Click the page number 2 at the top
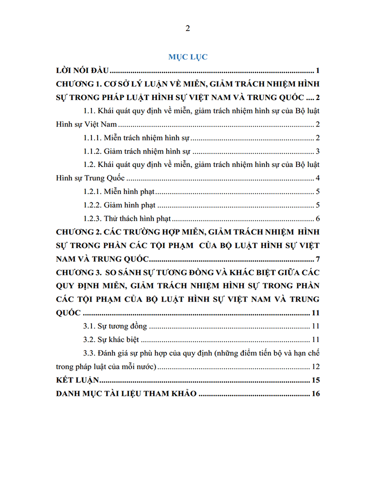(187, 28)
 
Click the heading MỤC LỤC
(187, 57)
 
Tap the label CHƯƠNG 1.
(75, 83)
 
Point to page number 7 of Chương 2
(317, 259)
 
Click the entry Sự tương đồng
(123, 326)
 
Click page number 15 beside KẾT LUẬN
(315, 380)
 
